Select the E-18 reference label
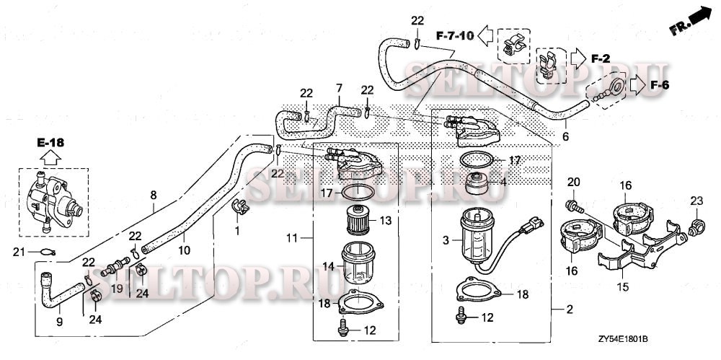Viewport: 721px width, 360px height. (x=50, y=143)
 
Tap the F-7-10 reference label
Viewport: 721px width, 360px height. (x=454, y=34)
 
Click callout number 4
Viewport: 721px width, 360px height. (x=503, y=182)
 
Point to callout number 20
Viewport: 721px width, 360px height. (x=574, y=181)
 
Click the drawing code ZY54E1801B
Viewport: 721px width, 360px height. (x=623, y=338)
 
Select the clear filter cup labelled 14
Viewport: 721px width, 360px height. (x=360, y=265)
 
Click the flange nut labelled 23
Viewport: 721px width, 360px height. (x=696, y=227)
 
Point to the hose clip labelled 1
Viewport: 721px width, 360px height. (x=239, y=207)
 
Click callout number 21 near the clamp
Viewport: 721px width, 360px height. (x=21, y=251)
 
